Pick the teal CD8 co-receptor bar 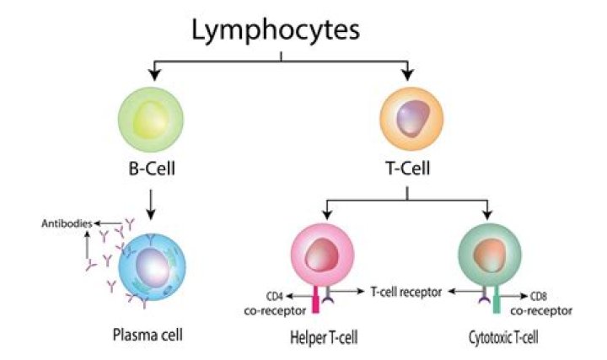pyautogui.click(x=497, y=300)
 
